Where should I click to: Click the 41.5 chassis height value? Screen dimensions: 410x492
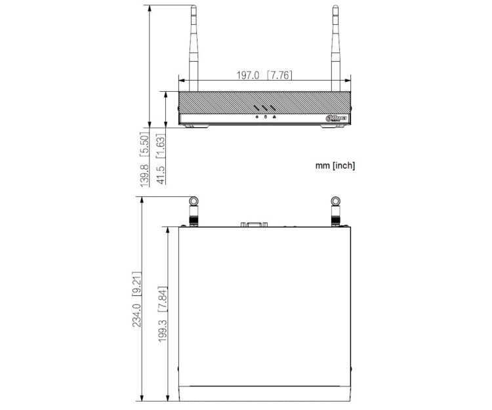[x=161, y=176]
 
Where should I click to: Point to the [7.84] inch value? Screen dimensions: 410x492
[x=162, y=298]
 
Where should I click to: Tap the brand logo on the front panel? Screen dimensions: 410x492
[x=335, y=118]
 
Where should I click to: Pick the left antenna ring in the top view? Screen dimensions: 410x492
[x=194, y=201]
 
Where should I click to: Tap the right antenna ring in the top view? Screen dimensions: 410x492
[x=336, y=201]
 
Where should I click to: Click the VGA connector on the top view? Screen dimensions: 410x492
[x=253, y=225]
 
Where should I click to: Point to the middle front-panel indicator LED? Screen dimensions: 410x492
[x=265, y=117]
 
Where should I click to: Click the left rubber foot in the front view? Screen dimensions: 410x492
[x=194, y=126]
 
